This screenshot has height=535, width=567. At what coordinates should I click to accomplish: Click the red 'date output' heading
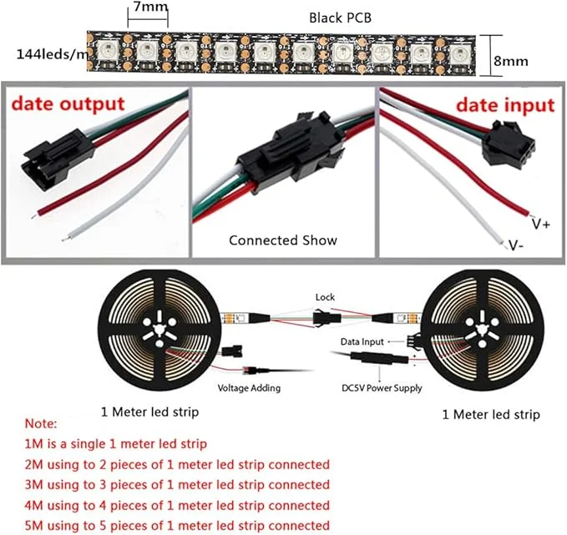point(68,105)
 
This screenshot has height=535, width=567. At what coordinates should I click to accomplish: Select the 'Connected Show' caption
point(283,240)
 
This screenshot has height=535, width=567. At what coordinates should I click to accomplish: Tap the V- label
point(518,245)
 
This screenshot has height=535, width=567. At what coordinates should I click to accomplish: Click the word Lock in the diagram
point(325,296)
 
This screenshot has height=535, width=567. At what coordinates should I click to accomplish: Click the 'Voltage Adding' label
point(249,388)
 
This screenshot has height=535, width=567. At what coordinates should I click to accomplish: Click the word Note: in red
point(41,424)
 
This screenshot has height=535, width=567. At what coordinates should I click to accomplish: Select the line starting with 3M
point(177,484)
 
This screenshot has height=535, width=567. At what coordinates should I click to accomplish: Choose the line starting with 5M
point(177,525)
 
